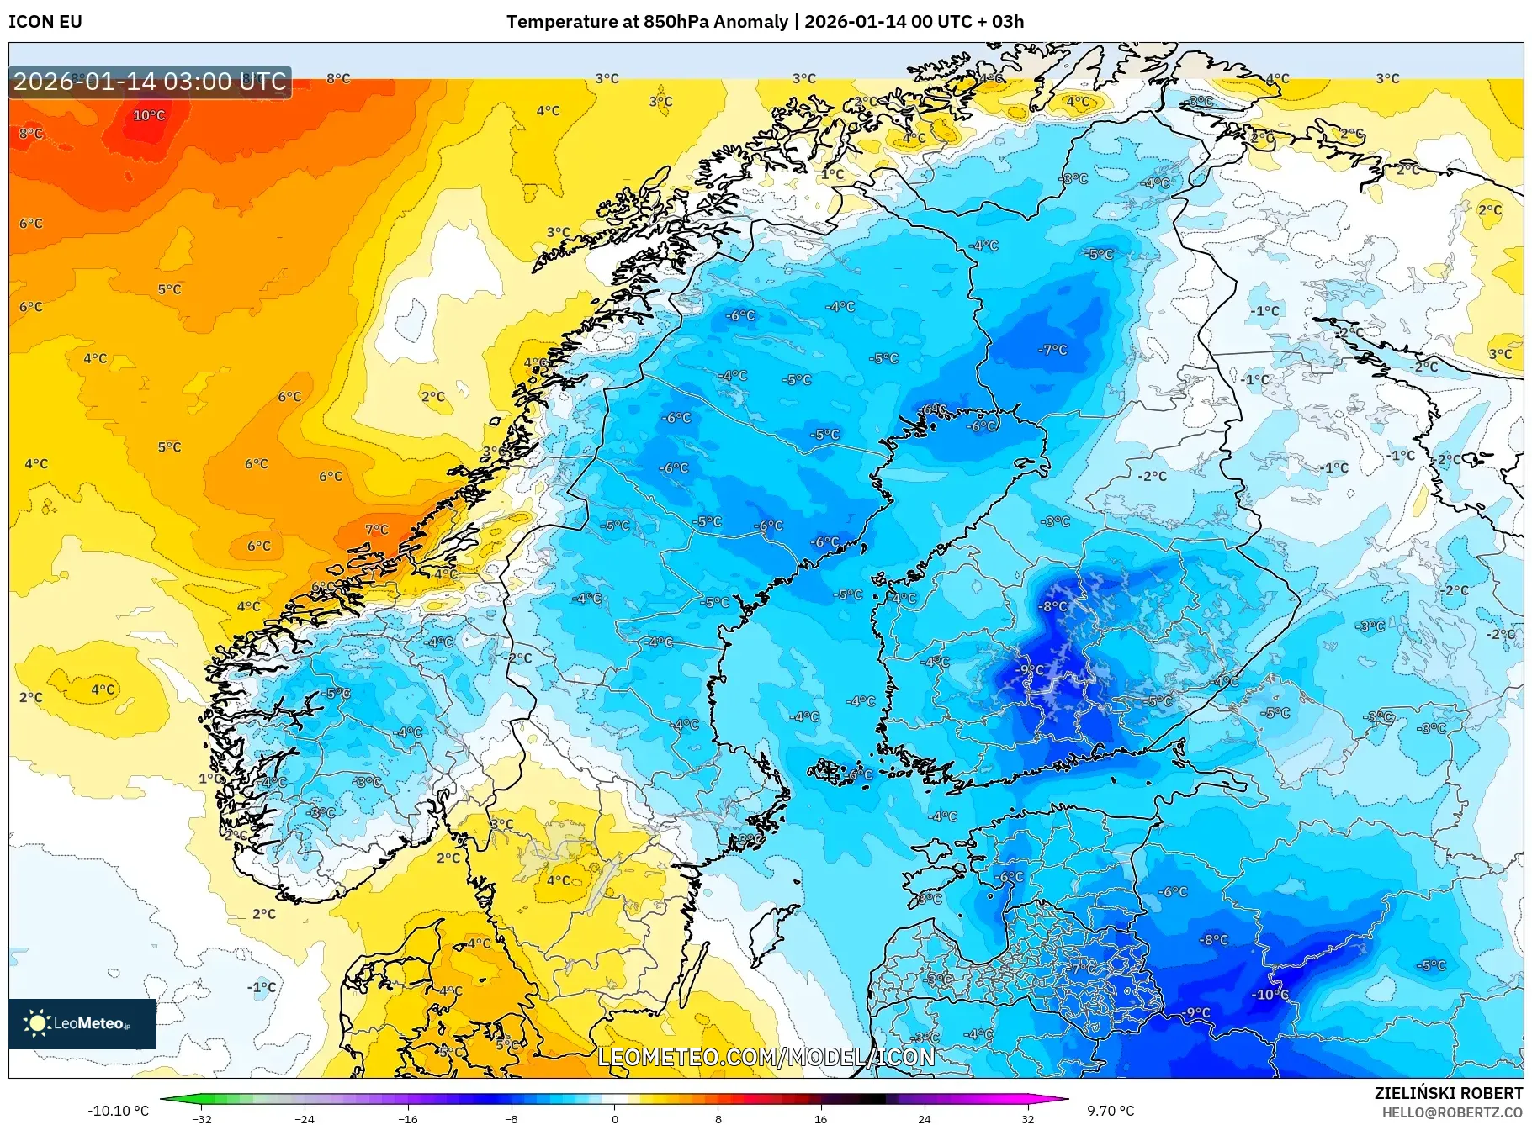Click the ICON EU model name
click(45, 22)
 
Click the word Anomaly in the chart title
click(750, 22)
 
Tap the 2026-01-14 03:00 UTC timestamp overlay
click(150, 82)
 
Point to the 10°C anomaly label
click(149, 115)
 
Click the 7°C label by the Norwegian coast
click(376, 530)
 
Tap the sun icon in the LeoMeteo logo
click(37, 1023)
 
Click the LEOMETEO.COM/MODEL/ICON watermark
click(766, 1057)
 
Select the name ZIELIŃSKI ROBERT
click(1448, 1093)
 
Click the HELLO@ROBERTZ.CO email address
click(1452, 1112)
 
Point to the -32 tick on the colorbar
click(202, 1119)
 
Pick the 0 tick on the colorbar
click(614, 1119)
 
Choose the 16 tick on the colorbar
click(820, 1119)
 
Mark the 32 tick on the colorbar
click(1027, 1119)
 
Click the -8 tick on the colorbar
click(511, 1119)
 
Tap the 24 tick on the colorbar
click(924, 1119)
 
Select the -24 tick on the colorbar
click(305, 1119)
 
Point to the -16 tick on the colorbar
click(407, 1119)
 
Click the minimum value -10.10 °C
click(118, 1111)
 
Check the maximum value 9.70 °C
click(1111, 1111)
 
